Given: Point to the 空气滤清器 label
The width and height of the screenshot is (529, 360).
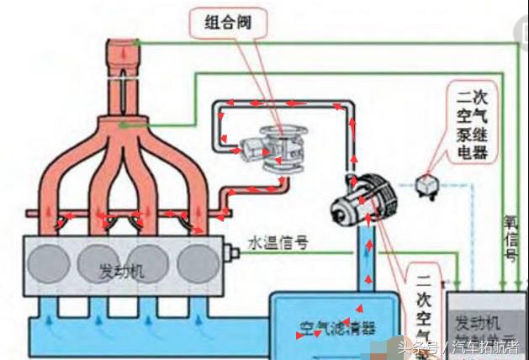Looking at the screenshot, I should click(336, 326).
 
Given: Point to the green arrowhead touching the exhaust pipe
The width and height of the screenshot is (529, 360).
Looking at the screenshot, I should click(124, 125).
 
